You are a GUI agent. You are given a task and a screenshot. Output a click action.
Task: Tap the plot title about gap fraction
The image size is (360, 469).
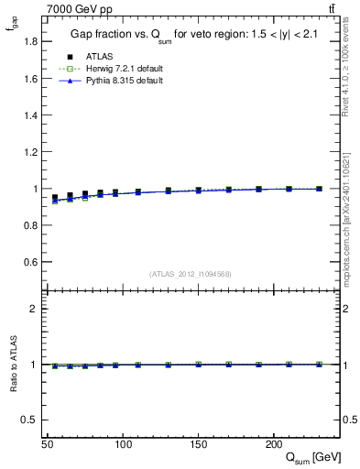191,35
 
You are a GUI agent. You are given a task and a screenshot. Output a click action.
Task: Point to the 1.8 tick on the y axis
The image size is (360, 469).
32,42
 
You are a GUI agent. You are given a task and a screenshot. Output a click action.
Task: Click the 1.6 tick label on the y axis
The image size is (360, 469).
32,79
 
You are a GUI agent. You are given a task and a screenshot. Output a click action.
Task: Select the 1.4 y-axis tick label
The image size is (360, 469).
32,115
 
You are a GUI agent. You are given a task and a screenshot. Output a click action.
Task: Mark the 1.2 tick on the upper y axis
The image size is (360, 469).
32,152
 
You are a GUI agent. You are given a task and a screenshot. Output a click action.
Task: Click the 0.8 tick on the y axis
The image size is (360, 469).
32,225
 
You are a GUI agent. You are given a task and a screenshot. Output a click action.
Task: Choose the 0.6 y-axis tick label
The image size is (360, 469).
32,262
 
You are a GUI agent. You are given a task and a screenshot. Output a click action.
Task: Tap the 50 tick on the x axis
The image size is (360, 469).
47,444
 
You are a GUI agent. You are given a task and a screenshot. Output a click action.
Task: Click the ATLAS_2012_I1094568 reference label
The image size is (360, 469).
191,274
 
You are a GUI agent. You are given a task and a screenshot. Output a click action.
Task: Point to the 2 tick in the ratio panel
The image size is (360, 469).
36,309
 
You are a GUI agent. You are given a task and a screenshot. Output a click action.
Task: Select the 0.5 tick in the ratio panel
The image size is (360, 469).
32,420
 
